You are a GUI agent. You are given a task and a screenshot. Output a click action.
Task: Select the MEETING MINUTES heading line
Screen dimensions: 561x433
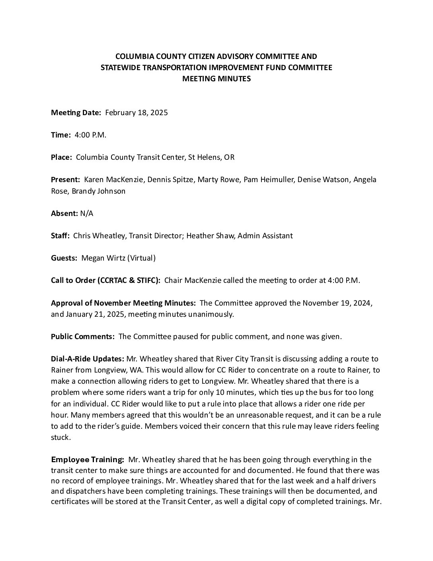[x=216, y=78]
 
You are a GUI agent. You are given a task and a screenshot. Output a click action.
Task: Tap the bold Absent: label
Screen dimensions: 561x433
[x=64, y=213]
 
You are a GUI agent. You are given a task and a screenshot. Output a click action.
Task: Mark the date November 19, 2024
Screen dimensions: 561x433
[x=337, y=303]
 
